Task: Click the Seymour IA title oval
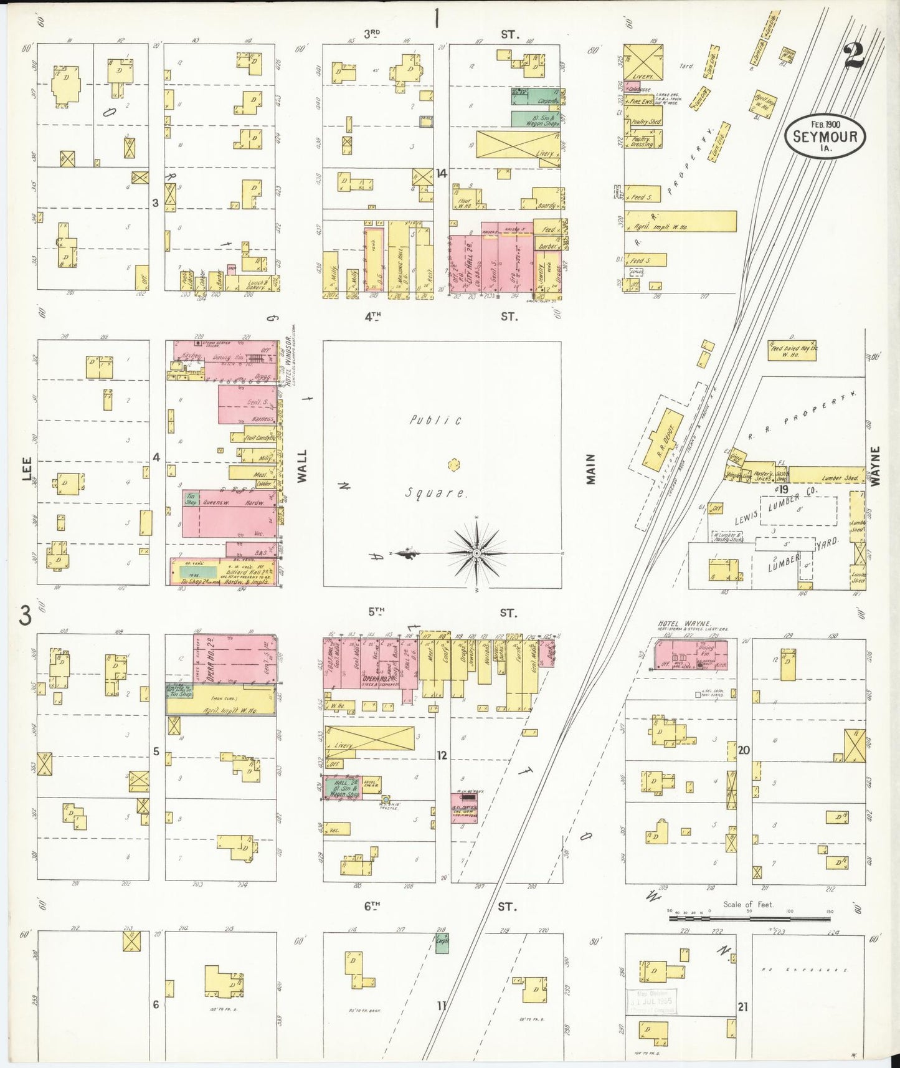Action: pyautogui.click(x=825, y=136)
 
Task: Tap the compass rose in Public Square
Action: pyautogui.click(x=476, y=553)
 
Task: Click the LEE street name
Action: pyautogui.click(x=26, y=469)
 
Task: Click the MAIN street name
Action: pyautogui.click(x=590, y=469)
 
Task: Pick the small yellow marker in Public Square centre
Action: pyautogui.click(x=453, y=464)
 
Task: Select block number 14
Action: pyautogui.click(x=441, y=174)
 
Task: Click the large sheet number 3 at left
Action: pyautogui.click(x=25, y=616)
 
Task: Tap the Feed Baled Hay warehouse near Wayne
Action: pyautogui.click(x=792, y=351)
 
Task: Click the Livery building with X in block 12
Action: pyautogui.click(x=369, y=738)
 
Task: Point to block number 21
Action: pyautogui.click(x=742, y=1006)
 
